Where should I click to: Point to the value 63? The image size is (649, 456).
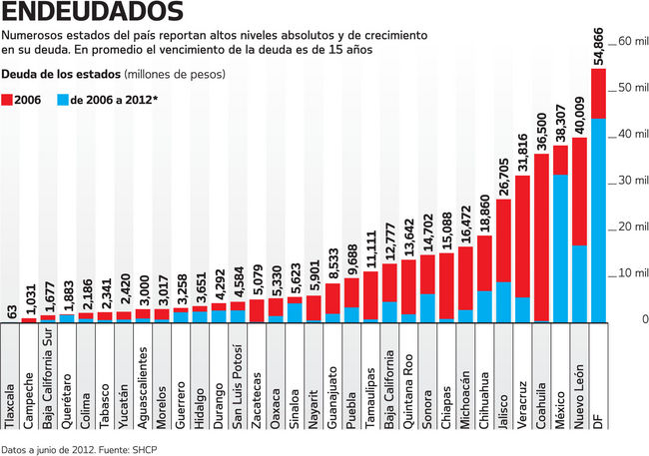[11, 309]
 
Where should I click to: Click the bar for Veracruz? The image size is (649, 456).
[522, 249]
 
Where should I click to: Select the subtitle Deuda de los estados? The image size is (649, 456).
[60, 75]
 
